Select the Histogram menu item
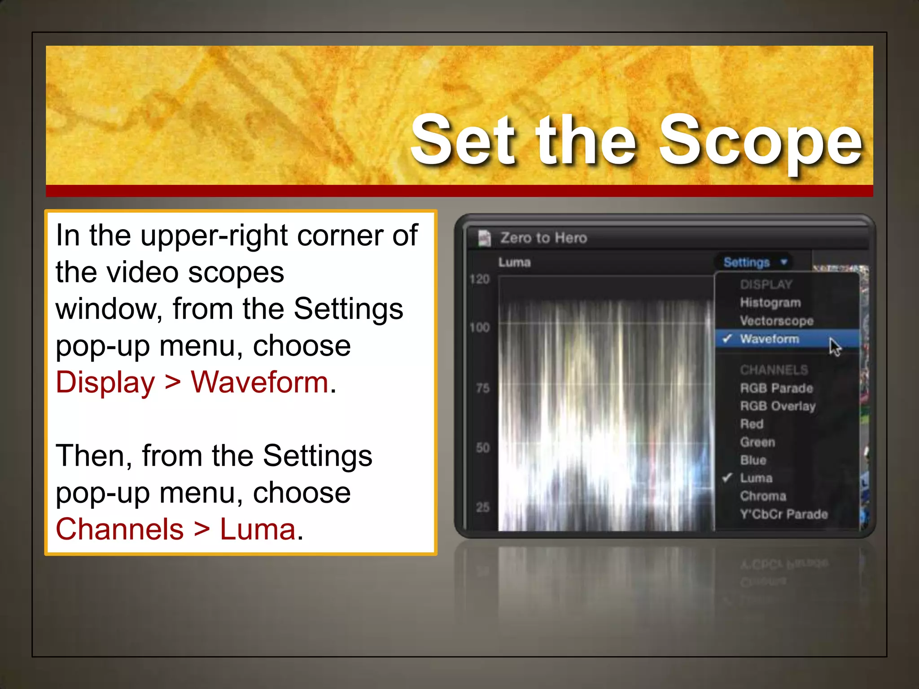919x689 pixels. pyautogui.click(x=770, y=303)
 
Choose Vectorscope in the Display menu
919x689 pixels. pyautogui.click(x=776, y=321)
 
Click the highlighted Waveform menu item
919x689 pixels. pyautogui.click(x=769, y=339)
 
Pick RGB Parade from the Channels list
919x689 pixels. pyautogui.click(x=776, y=388)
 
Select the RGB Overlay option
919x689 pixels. pyautogui.click(x=778, y=406)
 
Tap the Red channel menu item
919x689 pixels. pyautogui.click(x=752, y=424)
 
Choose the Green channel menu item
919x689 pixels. pyautogui.click(x=757, y=442)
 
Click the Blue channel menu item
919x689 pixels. pyautogui.click(x=753, y=460)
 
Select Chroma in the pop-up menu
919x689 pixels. pyautogui.click(x=763, y=496)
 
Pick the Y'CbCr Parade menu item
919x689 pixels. pyautogui.click(x=783, y=514)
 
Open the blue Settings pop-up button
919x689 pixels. pyautogui.click(x=754, y=262)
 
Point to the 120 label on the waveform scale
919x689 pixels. pyautogui.click(x=479, y=279)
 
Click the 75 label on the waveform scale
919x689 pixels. pyautogui.click(x=482, y=388)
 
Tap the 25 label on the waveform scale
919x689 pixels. pyautogui.click(x=482, y=507)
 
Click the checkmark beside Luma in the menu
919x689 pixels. pyautogui.click(x=727, y=478)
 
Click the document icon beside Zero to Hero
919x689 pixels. pyautogui.click(x=484, y=238)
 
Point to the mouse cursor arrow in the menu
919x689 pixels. pyautogui.click(x=835, y=347)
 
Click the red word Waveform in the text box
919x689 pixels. pyautogui.click(x=259, y=383)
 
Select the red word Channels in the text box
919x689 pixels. pyautogui.click(x=119, y=529)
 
